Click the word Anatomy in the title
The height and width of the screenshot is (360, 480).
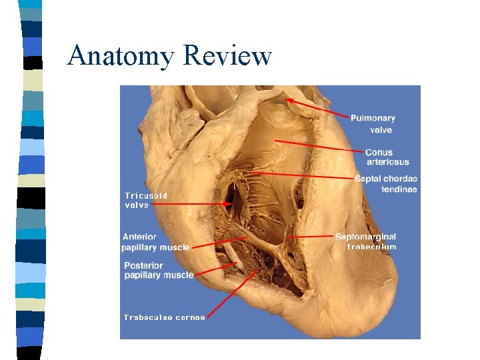[121, 55]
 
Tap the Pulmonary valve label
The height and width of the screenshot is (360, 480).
[373, 124]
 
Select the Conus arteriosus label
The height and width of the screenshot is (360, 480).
[387, 157]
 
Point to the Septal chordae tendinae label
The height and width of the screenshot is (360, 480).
[385, 184]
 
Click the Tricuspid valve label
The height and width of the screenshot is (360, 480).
[145, 200]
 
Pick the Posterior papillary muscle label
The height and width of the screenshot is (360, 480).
[159, 270]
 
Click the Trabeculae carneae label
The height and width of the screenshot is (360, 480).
[164, 317]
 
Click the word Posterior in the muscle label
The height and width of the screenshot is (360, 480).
[143, 265]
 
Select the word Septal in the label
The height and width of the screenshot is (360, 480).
[368, 179]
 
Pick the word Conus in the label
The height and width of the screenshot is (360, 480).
[379, 152]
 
